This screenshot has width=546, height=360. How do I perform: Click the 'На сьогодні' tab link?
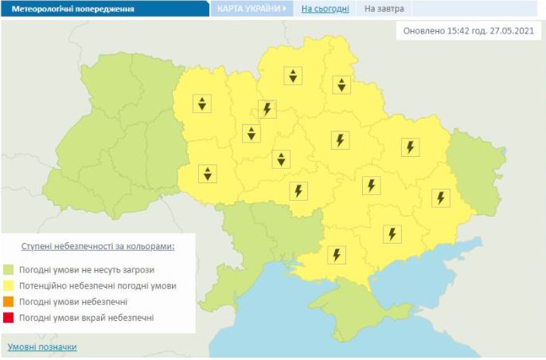[x=325, y=9]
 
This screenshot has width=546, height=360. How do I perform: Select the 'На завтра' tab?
[x=384, y=9]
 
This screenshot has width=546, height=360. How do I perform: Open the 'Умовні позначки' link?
[x=42, y=347]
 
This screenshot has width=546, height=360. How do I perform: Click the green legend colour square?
[x=9, y=269]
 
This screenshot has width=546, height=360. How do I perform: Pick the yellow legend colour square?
[x=9, y=285]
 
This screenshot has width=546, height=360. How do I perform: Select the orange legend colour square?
[x=9, y=302]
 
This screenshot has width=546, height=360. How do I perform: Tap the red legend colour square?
[x=9, y=318]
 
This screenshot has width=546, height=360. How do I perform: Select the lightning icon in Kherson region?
[x=337, y=255]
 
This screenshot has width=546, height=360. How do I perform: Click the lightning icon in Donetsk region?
[x=439, y=198]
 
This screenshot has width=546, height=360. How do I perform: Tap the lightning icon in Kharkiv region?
[x=410, y=147]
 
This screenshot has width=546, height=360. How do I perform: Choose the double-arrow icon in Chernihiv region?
[x=294, y=76]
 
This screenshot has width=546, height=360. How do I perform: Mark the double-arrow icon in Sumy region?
[x=341, y=84]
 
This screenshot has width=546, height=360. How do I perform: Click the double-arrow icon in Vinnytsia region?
[x=207, y=173]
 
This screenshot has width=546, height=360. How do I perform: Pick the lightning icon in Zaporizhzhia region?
[x=391, y=233]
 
